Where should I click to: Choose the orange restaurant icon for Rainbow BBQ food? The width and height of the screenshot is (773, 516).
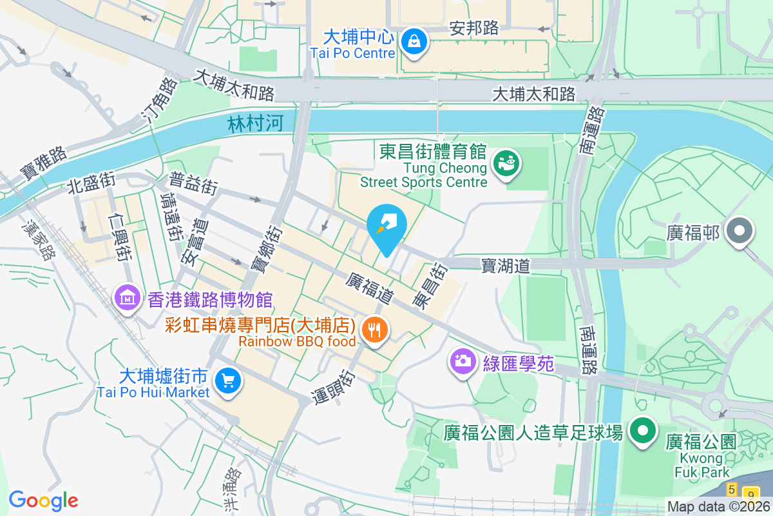(x=374, y=331)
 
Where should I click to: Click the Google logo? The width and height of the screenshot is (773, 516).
(x=43, y=501)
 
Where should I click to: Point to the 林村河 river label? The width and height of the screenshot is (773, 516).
(x=255, y=124)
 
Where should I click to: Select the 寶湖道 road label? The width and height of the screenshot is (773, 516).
(x=506, y=266)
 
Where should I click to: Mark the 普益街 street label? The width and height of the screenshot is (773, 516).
(x=193, y=183)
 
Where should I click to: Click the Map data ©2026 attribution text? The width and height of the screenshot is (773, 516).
(x=718, y=507)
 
